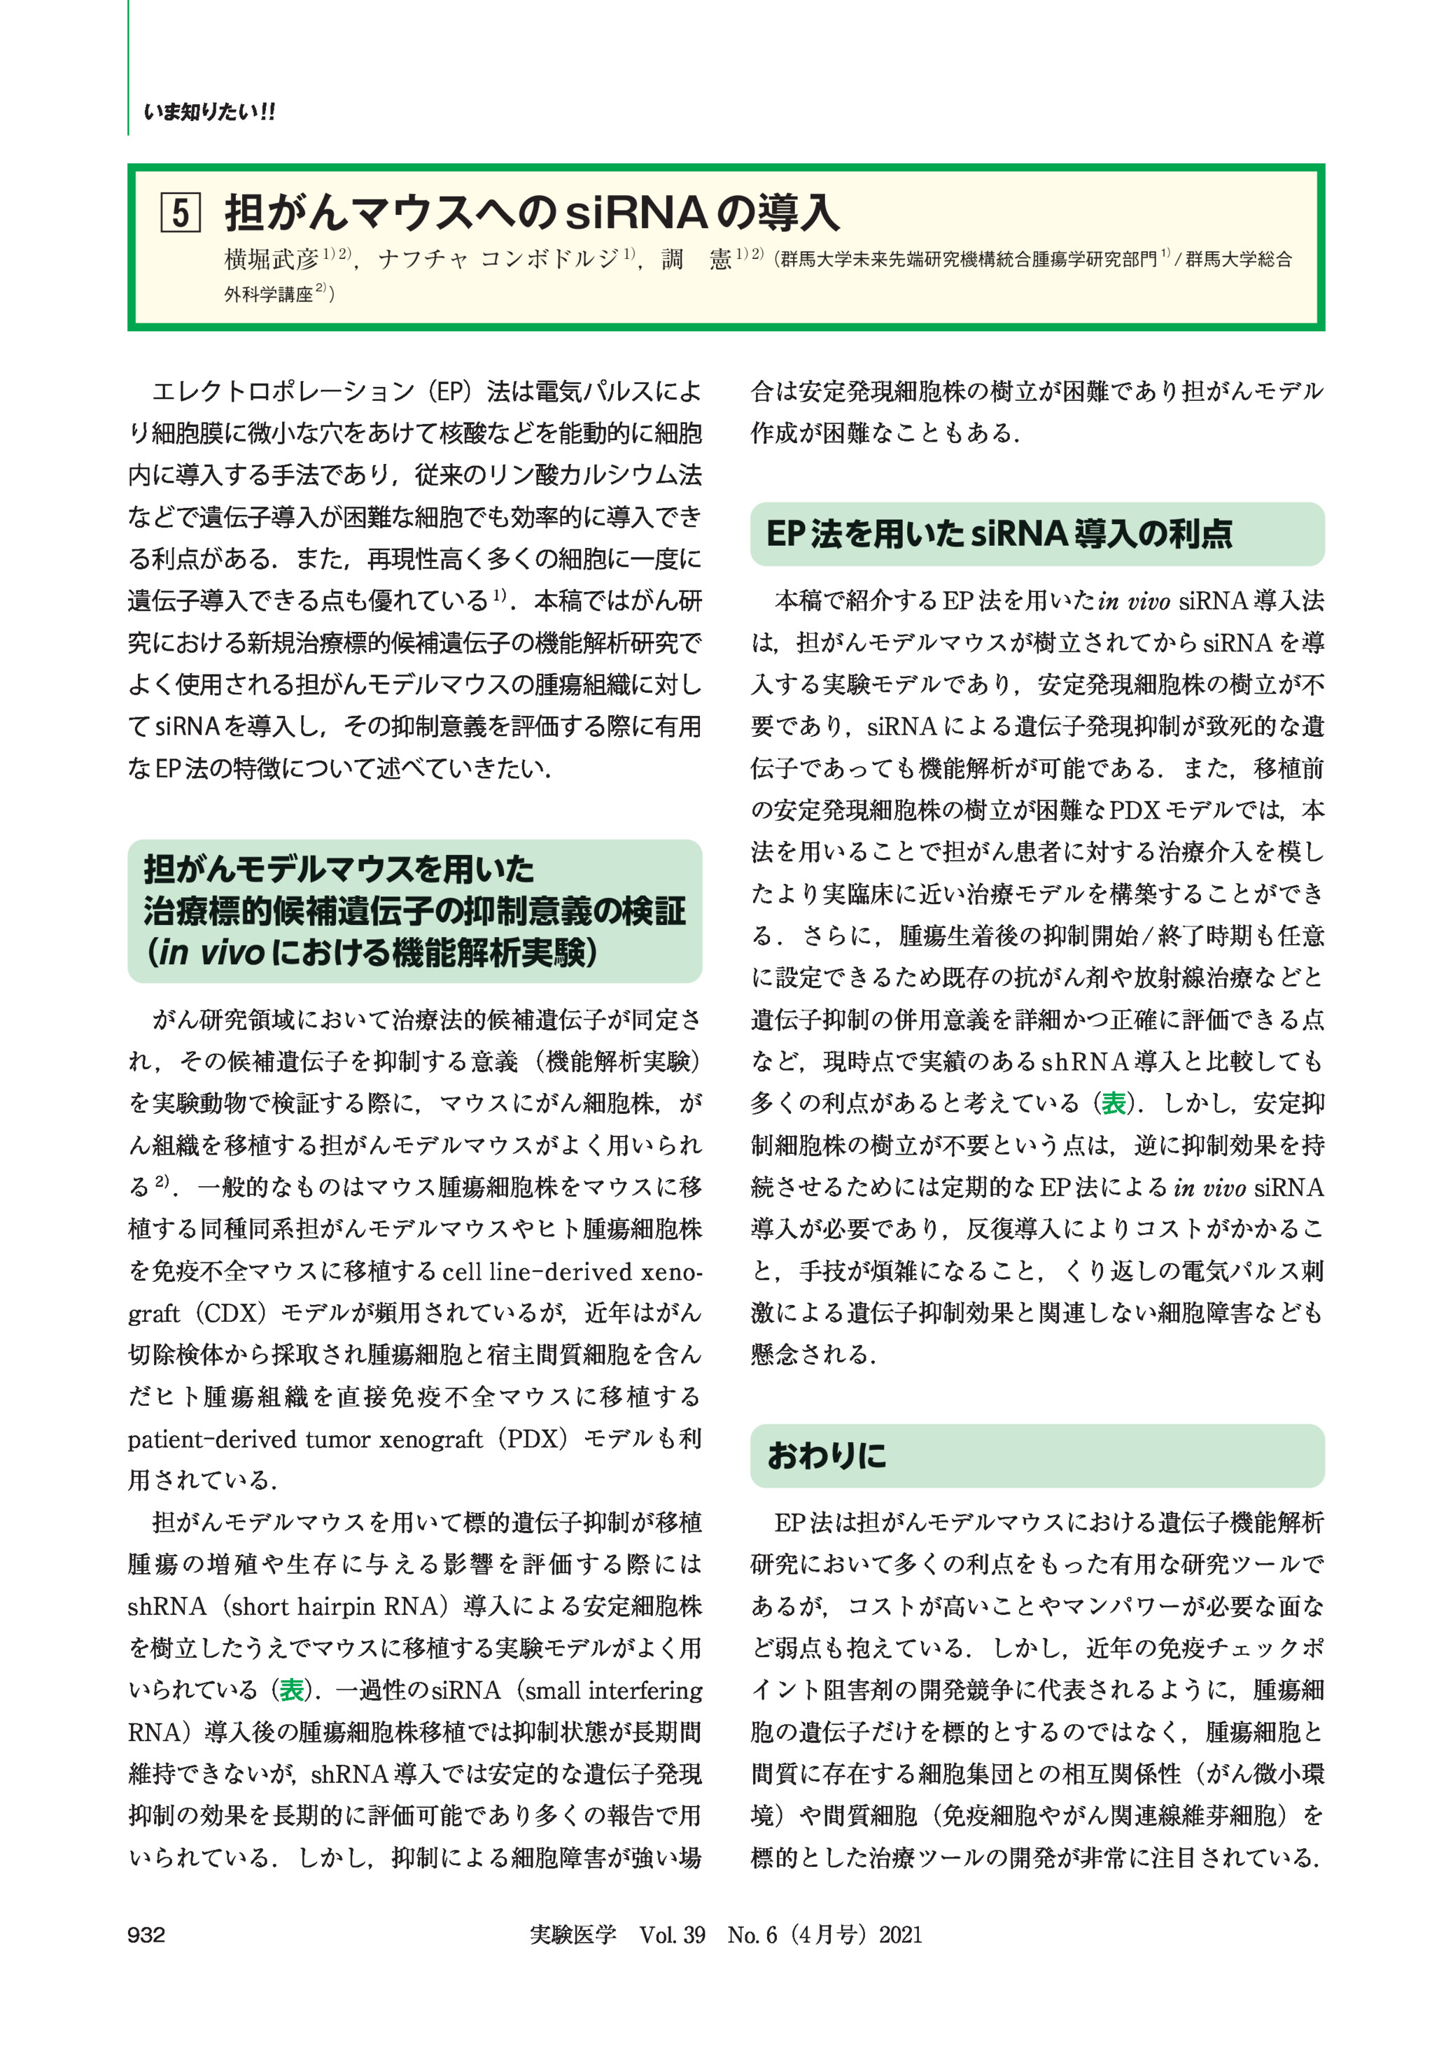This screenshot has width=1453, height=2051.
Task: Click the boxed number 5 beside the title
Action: tap(180, 213)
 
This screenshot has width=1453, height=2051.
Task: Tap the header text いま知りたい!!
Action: tap(209, 112)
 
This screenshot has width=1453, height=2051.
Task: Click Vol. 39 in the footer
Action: tap(672, 1934)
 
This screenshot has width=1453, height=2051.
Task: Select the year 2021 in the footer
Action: tap(900, 1934)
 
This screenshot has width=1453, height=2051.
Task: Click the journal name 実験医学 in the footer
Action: tap(573, 1934)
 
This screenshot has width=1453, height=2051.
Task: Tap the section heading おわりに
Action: tap(827, 1456)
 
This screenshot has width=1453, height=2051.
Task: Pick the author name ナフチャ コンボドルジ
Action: tap(498, 260)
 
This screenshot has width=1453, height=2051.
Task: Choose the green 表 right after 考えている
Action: tap(1113, 1104)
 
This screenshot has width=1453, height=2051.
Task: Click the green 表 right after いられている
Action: tap(292, 1691)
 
